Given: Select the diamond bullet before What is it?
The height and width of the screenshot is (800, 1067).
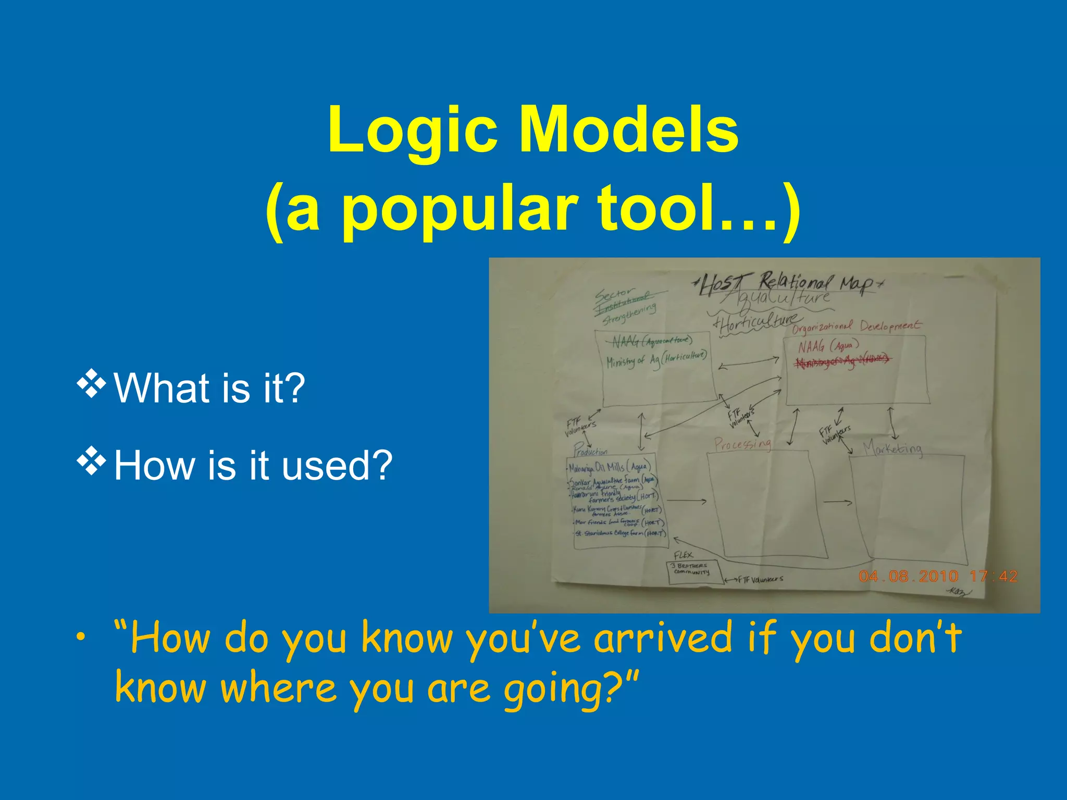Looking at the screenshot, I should tap(91, 385).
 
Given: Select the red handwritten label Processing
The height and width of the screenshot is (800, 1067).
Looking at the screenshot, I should tap(742, 444).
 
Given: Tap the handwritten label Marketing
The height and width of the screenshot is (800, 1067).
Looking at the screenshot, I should tap(892, 448).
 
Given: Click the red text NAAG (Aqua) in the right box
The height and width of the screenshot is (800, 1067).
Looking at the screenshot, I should tap(828, 346).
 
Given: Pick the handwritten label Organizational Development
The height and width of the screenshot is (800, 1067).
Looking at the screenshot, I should tap(856, 327).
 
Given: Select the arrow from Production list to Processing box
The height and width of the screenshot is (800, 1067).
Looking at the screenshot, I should tap(686, 501).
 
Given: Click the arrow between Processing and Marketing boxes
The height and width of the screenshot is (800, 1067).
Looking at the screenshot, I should tap(837, 502).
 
